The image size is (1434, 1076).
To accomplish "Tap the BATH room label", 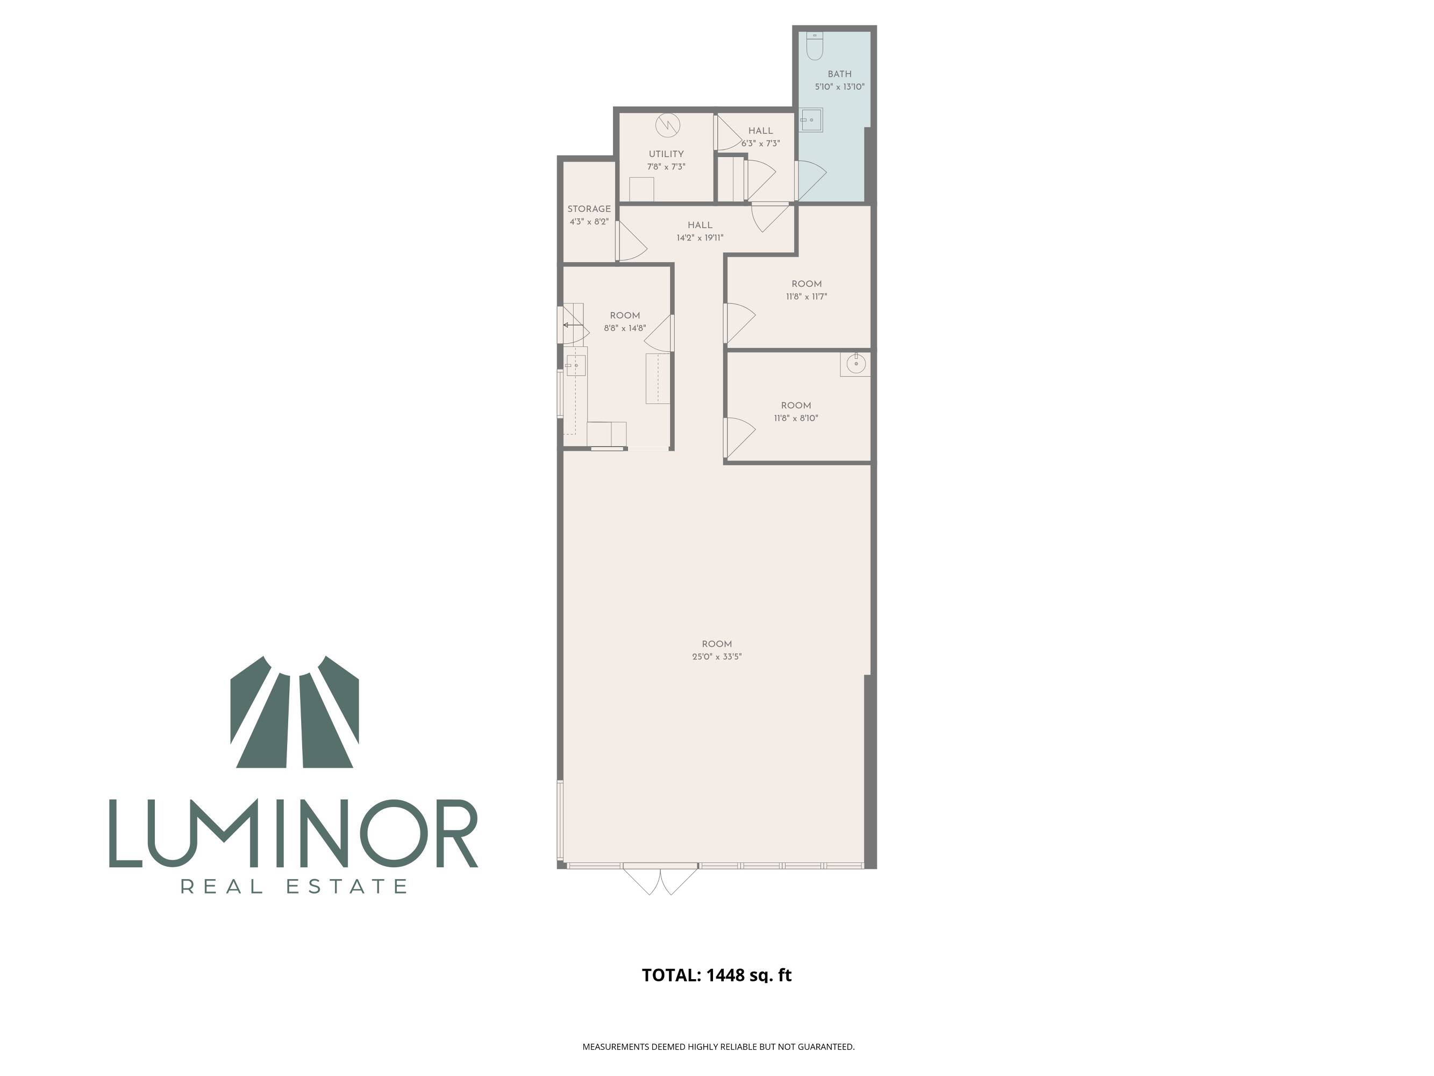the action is (839, 74).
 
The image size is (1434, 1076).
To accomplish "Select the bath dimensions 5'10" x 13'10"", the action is (839, 86).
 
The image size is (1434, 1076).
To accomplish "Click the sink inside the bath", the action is (811, 120).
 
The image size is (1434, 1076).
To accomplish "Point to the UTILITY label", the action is (666, 154).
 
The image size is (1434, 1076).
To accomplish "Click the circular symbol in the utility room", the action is (667, 125).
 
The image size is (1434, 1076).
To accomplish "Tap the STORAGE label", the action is (589, 209).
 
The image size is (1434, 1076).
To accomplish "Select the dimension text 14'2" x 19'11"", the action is (700, 237).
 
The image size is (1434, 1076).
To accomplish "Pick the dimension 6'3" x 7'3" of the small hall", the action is (760, 143).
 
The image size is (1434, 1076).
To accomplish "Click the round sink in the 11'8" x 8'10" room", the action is (856, 364).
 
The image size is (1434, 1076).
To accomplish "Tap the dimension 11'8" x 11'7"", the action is (807, 296).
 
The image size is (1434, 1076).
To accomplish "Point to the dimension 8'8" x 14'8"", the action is (625, 328).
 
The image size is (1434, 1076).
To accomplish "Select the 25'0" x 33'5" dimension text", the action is (717, 656).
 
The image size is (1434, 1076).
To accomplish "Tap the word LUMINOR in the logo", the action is (294, 833).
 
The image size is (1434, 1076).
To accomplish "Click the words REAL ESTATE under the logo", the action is (294, 886).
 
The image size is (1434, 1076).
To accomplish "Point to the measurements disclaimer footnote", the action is (718, 1046).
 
